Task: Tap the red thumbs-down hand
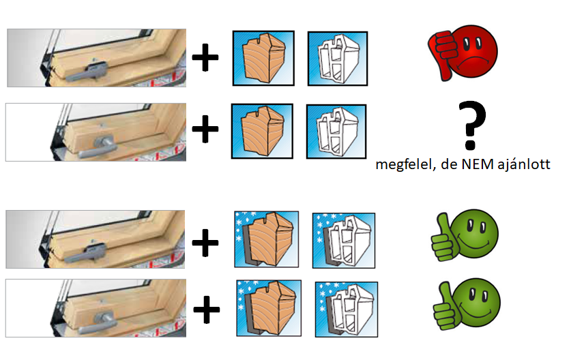441,55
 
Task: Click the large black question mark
472,125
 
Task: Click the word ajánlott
524,165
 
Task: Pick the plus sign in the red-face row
205,57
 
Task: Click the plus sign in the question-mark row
205,130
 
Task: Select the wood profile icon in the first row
263,58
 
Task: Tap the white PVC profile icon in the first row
338,59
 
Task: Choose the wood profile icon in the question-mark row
262,131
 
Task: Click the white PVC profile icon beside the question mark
336,132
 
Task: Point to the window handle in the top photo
87,72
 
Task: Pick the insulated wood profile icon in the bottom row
269,308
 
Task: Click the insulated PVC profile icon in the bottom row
347,310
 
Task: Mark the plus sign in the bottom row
207,310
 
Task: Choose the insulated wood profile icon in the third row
267,239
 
